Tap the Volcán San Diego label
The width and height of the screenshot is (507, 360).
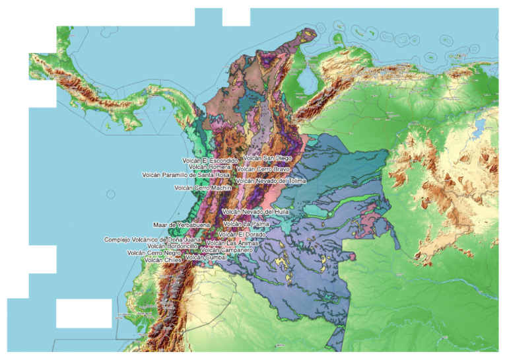267,158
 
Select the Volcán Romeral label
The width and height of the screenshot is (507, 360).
210,167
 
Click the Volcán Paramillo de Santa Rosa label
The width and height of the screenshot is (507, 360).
186,175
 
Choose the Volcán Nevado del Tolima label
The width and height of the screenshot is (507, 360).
271,180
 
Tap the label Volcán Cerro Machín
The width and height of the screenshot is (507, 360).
203,188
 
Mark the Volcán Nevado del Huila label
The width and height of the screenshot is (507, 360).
255,211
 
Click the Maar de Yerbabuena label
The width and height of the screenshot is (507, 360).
182,225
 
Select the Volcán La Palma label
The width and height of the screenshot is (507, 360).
246,224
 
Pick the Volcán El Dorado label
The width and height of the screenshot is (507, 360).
243,234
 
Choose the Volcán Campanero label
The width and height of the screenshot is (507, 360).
226,250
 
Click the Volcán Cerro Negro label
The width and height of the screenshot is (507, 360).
154,252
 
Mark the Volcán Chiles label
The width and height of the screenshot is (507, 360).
162,260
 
